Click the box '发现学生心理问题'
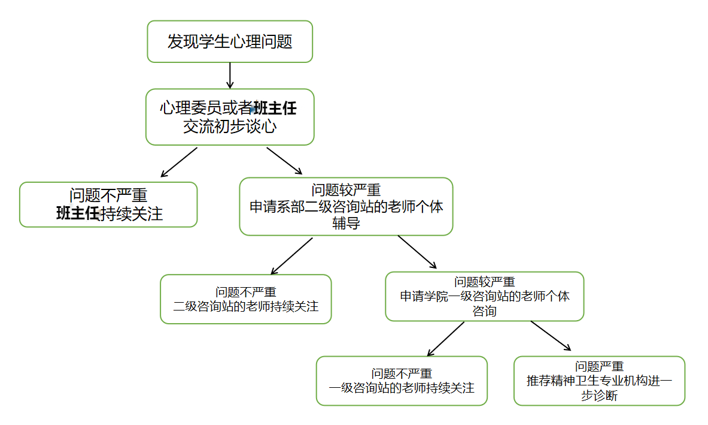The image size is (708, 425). coord(230,41)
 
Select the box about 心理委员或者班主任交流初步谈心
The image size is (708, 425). coord(230,117)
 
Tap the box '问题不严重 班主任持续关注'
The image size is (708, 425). coord(108,204)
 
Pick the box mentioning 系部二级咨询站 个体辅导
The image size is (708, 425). coord(346,206)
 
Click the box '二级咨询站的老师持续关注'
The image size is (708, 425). coord(245,299)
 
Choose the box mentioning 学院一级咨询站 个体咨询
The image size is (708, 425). coord(484,296)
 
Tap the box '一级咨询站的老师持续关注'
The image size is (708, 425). coord(402,381)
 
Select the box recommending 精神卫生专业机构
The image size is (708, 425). coord(599,381)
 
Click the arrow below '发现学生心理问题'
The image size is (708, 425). coord(230,75)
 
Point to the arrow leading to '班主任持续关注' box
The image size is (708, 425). coord(179,162)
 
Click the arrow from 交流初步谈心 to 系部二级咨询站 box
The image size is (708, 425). coord(284,161)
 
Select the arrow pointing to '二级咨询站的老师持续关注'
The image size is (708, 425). coord(291,256)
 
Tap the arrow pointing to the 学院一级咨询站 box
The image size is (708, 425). coord(417,252)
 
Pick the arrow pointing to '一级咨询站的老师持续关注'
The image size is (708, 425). coord(446,339)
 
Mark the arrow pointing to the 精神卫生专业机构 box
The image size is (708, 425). coord(551,336)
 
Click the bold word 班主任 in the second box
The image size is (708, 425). coord(275,108)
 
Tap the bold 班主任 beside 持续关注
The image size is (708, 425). coord(78,214)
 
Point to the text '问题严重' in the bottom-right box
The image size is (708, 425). coord(599,366)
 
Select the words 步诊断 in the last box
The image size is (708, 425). coord(599,396)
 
